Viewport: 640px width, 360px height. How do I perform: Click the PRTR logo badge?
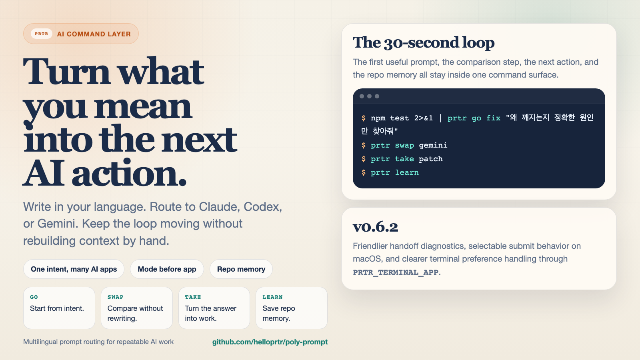tap(41, 34)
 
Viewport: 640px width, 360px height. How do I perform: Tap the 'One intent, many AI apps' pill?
tap(74, 269)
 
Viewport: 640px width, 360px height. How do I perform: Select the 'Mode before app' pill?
tap(167, 269)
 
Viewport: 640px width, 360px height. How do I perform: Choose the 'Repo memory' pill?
tap(241, 269)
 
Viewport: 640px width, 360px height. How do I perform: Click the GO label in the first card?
tap(34, 297)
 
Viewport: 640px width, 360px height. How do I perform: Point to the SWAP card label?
tap(115, 297)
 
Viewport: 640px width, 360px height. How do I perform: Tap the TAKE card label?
tap(193, 297)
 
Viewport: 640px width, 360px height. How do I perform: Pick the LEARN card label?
tap(272, 297)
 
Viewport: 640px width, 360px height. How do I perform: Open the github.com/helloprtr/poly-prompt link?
tap(270, 342)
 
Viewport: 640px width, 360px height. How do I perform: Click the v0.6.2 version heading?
tap(375, 227)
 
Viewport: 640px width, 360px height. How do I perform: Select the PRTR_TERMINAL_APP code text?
tap(396, 272)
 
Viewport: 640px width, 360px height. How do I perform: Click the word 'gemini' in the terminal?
tap(433, 145)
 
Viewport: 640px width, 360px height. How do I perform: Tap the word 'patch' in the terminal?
tap(430, 159)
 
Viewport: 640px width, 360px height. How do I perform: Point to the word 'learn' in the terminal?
tap(407, 172)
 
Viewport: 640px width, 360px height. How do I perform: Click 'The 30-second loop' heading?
tap(424, 42)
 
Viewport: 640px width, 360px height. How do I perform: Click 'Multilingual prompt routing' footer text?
tap(98, 342)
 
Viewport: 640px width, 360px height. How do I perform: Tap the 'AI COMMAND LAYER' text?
tap(94, 34)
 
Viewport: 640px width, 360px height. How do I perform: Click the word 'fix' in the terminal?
tap(493, 118)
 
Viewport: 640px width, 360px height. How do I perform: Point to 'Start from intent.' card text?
tap(57, 308)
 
